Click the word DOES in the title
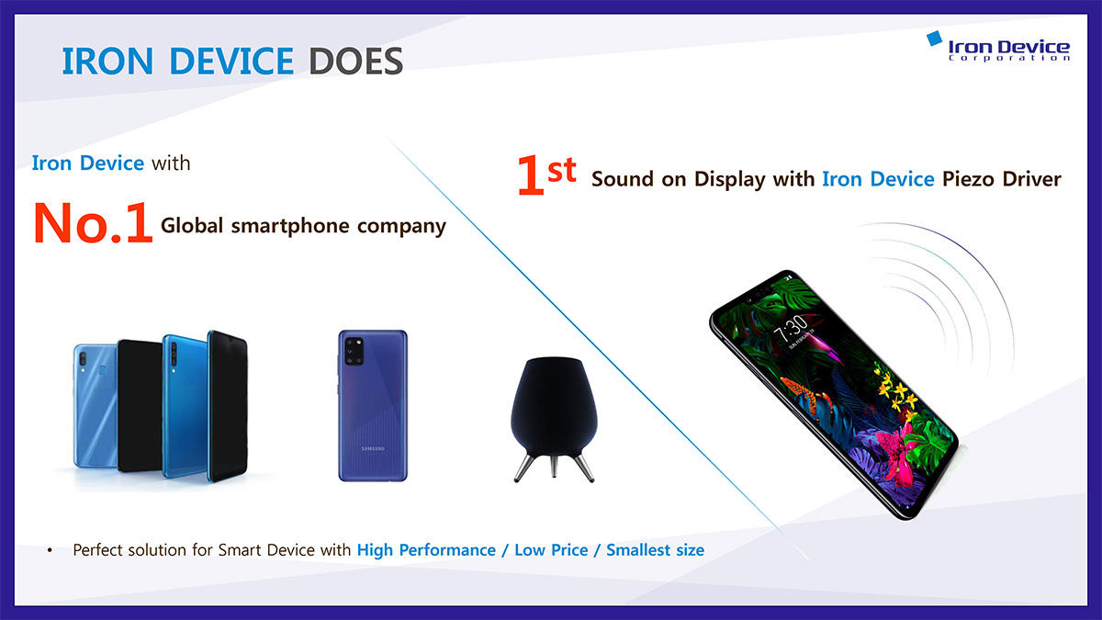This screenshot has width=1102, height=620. [355, 62]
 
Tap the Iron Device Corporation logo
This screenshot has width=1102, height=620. [998, 47]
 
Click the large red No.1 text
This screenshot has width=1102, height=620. [93, 223]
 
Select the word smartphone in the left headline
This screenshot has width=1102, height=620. [290, 226]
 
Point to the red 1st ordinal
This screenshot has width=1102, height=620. [546, 175]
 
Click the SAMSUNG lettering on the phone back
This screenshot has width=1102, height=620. [373, 449]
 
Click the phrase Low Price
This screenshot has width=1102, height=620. [551, 549]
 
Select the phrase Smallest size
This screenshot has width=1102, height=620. [655, 549]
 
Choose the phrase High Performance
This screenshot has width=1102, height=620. [426, 550]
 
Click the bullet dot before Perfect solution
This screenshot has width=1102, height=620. [50, 550]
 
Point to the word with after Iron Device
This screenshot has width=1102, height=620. [171, 163]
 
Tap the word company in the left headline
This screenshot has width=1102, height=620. [401, 226]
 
